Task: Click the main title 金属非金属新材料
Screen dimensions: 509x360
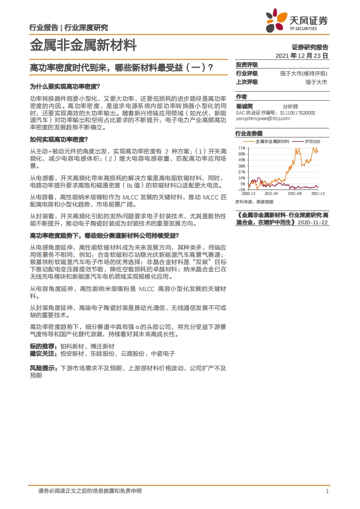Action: (x=83, y=45)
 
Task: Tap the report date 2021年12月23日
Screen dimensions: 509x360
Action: (x=301, y=55)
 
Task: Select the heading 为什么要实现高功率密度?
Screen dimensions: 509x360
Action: (x=64, y=86)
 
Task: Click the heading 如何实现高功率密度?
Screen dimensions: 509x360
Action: (x=59, y=139)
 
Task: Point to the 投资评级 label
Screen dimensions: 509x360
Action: (x=247, y=65)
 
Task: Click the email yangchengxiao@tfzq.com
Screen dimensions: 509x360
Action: (x=263, y=118)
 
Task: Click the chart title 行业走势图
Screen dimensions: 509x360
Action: (x=249, y=133)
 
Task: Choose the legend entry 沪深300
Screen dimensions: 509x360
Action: (x=311, y=142)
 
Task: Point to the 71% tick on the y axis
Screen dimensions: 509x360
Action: (x=242, y=148)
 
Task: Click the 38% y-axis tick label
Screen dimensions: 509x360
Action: (x=242, y=166)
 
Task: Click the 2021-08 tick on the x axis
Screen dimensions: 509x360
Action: (x=295, y=193)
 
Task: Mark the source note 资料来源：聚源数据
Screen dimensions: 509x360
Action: (x=254, y=201)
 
